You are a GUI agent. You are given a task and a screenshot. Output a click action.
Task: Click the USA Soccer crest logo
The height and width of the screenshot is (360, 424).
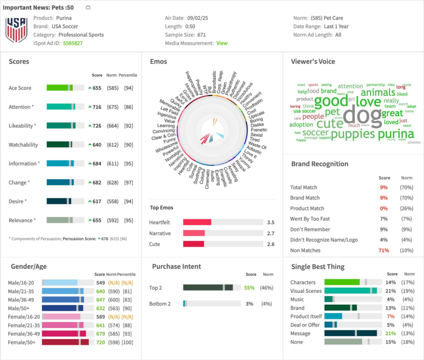coord(16,30)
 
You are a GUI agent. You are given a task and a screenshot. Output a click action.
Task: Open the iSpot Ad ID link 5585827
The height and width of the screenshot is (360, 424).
coord(72,43)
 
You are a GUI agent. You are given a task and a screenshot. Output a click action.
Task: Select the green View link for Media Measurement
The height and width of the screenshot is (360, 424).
coord(222,43)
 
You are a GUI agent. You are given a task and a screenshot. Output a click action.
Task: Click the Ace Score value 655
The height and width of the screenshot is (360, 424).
coord(97,88)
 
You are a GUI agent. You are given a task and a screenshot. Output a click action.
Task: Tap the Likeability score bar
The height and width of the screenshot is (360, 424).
coord(65,126)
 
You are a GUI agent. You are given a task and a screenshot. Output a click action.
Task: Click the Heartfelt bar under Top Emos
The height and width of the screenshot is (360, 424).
coord(197,222)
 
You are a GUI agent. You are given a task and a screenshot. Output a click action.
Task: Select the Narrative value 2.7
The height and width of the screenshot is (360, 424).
coord(271,233)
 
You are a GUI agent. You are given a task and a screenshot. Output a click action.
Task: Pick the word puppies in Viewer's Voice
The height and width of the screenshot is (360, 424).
coord(353,134)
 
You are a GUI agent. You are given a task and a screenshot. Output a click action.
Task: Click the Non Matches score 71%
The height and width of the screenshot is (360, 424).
coord(383,250)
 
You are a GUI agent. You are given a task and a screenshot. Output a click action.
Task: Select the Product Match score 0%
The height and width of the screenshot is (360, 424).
coord(384,209)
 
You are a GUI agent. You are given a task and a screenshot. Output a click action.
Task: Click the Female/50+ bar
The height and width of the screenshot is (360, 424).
coord(65,342)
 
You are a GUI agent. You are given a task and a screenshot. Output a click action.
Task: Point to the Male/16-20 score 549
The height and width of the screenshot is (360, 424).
coord(100,283)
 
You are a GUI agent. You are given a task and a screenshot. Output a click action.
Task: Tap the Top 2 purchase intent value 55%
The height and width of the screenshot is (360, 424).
coord(249,288)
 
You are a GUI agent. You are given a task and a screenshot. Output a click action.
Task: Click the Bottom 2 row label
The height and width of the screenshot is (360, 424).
coord(160,304)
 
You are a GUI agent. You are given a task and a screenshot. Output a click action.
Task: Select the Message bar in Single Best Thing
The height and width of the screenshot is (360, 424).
coord(350,333)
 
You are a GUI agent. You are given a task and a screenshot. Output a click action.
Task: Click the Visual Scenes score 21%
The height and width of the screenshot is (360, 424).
coord(390,291)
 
